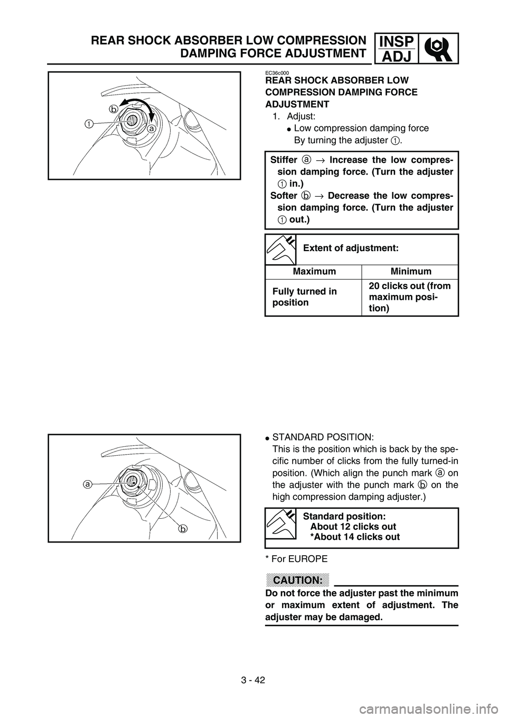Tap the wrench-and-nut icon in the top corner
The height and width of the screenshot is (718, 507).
(436, 48)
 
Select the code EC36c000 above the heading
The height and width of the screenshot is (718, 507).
(280, 73)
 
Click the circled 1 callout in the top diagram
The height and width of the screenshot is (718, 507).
(88, 123)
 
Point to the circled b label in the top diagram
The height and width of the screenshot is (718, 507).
(112, 108)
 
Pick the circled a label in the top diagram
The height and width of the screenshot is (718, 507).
(151, 128)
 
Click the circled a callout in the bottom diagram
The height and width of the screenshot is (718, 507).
(87, 483)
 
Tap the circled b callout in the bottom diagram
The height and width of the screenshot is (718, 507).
(182, 528)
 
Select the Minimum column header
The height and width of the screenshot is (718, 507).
(410, 272)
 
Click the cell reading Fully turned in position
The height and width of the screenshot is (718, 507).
(305, 297)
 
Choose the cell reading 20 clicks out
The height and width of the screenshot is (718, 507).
(409, 297)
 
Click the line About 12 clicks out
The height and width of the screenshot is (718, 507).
(353, 526)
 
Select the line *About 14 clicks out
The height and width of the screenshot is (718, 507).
(354, 537)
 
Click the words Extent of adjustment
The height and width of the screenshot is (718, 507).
(351, 247)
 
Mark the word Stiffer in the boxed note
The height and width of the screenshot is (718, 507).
(284, 159)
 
